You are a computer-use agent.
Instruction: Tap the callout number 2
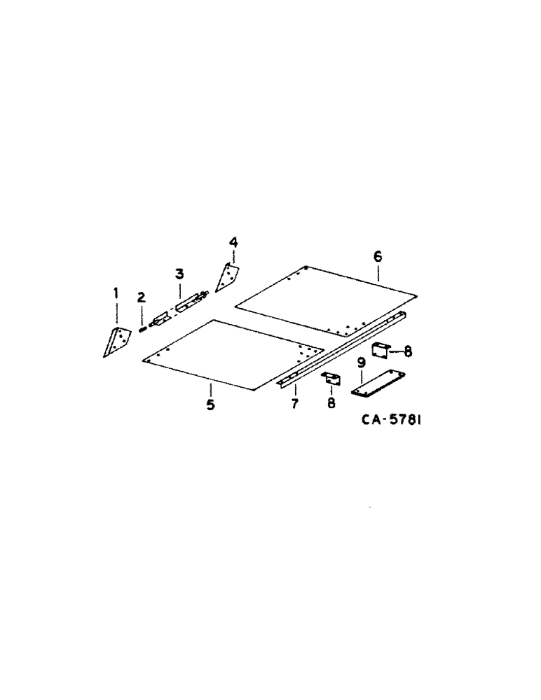coord(141,297)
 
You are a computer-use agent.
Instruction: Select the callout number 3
coord(179,273)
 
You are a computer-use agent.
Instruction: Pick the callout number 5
coord(210,405)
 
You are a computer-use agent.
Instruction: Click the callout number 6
coord(378,257)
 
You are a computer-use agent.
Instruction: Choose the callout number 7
coord(295,405)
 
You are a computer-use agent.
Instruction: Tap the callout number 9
coord(362,362)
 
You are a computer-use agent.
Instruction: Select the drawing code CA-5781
coord(395,421)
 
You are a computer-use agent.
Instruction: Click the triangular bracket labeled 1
coord(116,341)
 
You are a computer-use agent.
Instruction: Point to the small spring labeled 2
coord(142,326)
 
